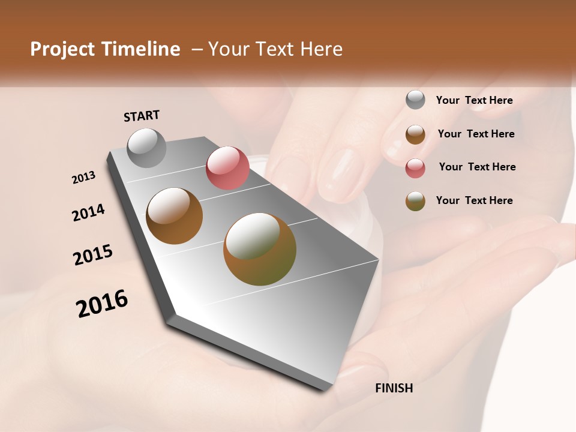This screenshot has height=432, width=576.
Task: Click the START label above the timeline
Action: pyautogui.click(x=142, y=115)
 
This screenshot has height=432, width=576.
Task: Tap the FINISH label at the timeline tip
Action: pyautogui.click(x=394, y=388)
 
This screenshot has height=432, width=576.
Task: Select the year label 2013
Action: pyautogui.click(x=84, y=178)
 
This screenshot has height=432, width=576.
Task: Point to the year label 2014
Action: pyautogui.click(x=88, y=212)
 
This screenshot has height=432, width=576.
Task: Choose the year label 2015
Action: pyautogui.click(x=93, y=254)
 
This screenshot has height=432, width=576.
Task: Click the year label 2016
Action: pyautogui.click(x=102, y=303)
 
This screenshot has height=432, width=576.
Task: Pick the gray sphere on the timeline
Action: pyautogui.click(x=147, y=148)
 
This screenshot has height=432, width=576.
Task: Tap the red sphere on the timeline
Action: pyautogui.click(x=227, y=168)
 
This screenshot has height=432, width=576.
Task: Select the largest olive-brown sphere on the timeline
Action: pyautogui.click(x=260, y=249)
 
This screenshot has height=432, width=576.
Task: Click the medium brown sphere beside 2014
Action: pyautogui.click(x=175, y=216)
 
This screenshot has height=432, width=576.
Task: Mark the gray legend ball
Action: pyautogui.click(x=415, y=100)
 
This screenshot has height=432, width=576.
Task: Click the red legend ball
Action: pyautogui.click(x=415, y=168)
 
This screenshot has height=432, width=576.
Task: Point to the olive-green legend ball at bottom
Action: pyautogui.click(x=415, y=201)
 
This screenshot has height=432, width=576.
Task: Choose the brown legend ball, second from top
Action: pyautogui.click(x=415, y=134)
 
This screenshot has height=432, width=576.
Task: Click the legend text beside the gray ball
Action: pyautogui.click(x=474, y=100)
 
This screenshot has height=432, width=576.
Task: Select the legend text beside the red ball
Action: pyautogui.click(x=477, y=167)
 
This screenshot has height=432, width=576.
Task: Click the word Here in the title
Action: pyautogui.click(x=321, y=49)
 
